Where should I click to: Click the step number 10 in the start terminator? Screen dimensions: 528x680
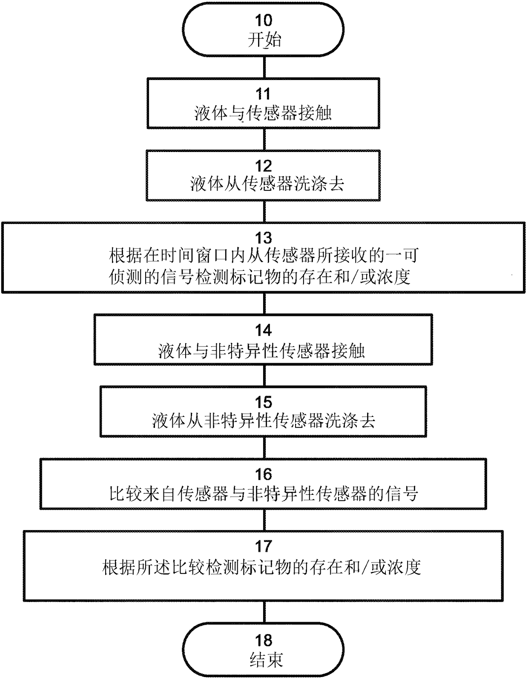264,21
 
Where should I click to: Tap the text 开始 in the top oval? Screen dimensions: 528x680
264,40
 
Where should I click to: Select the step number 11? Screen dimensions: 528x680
264,93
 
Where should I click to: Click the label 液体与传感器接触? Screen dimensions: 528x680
263,113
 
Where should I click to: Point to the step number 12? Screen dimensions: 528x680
264,166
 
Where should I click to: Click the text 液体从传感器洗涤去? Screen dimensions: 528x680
267,184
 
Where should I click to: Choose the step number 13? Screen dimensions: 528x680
264,238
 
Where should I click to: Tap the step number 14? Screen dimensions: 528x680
264,330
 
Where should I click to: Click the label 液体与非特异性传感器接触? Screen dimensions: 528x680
261,351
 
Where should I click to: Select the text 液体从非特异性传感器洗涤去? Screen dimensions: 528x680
264,421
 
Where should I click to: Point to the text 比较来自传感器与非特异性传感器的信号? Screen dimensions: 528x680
264,494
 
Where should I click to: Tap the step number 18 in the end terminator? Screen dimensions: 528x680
264,640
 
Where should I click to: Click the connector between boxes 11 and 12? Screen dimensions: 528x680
265,139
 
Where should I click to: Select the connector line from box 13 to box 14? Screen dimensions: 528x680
265,304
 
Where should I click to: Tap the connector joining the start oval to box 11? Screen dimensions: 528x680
265,67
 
